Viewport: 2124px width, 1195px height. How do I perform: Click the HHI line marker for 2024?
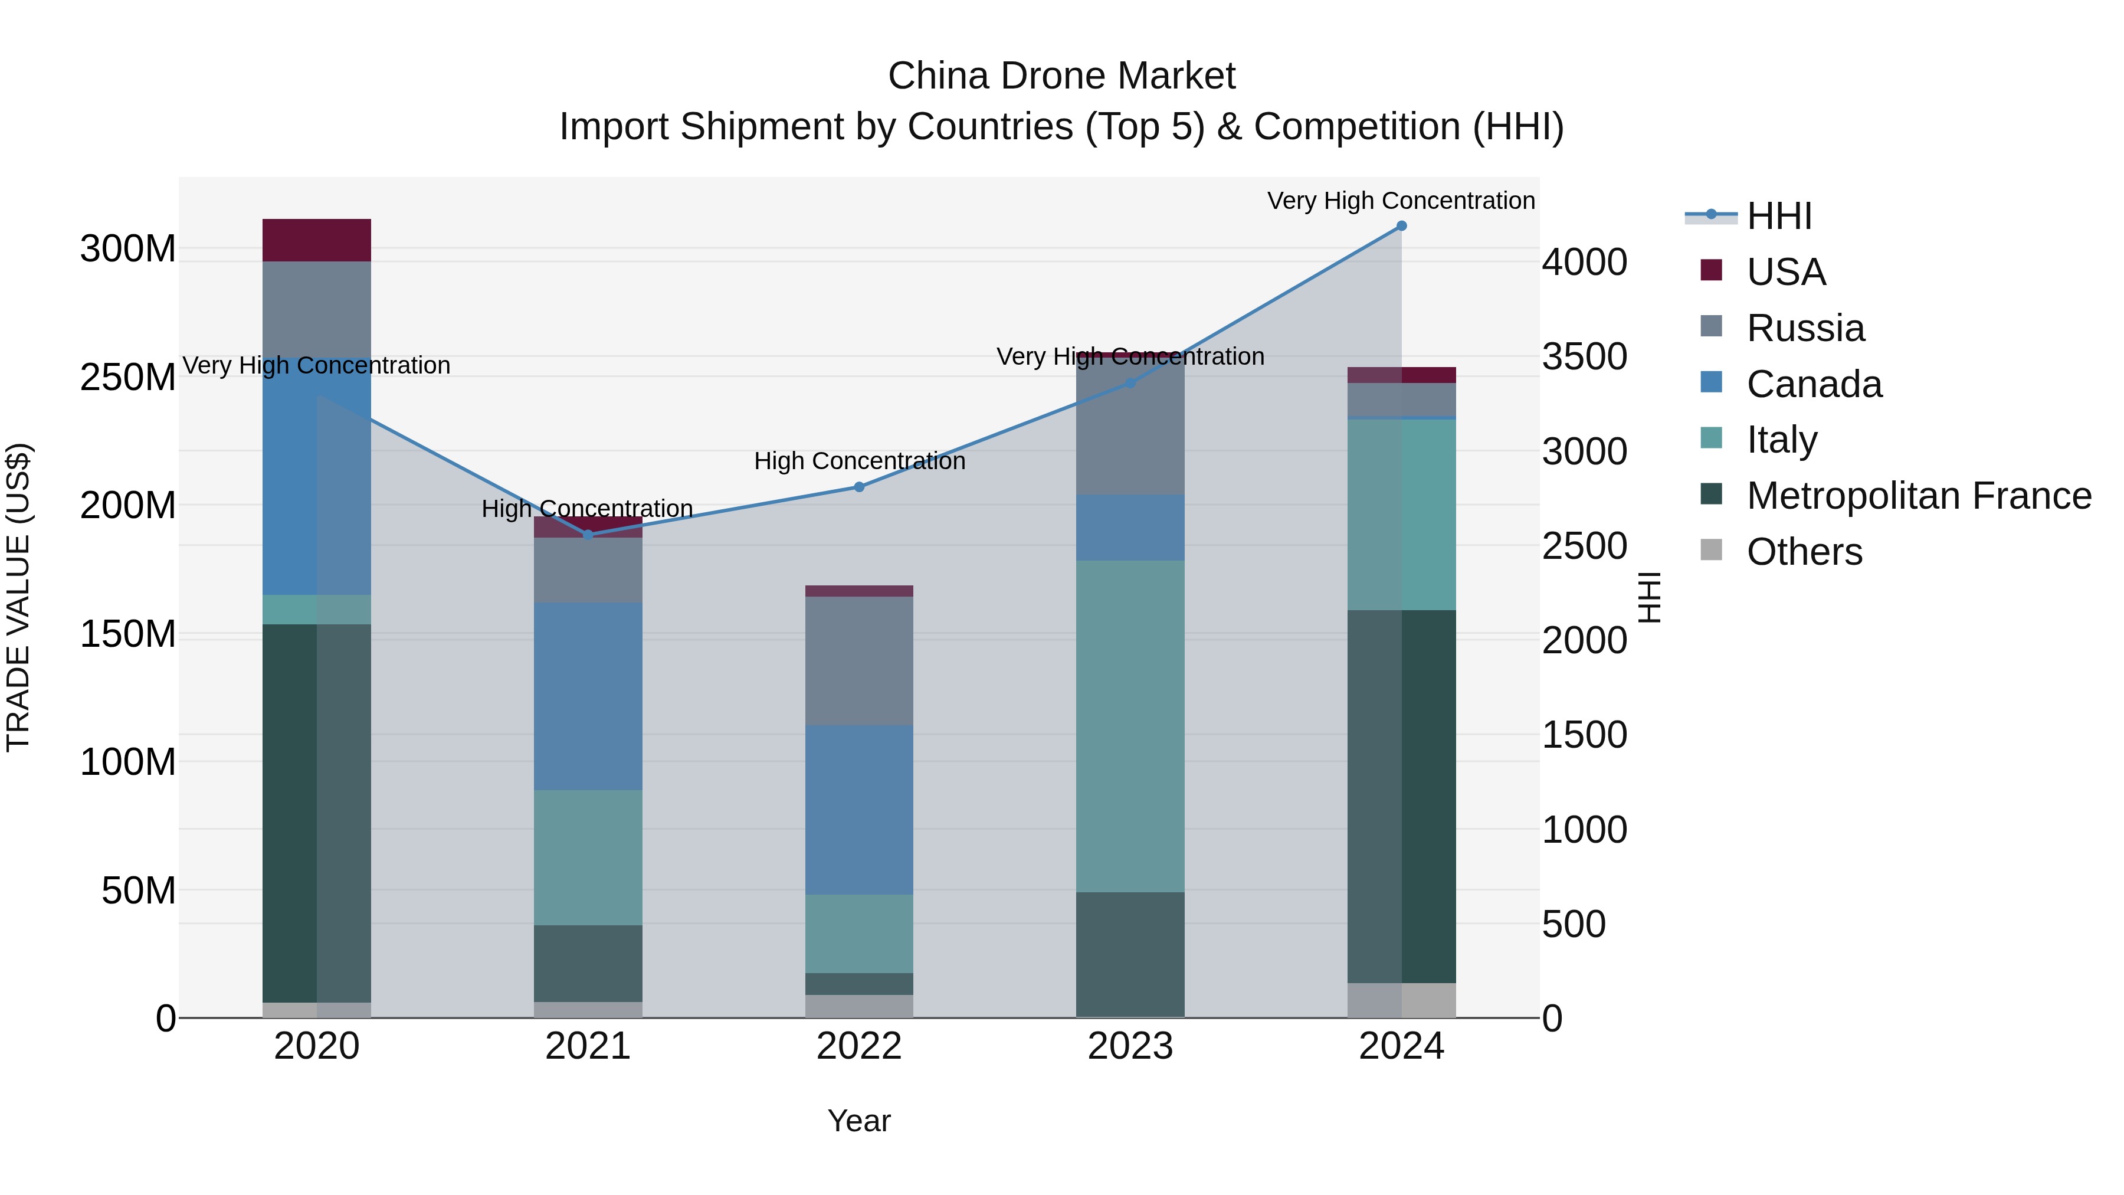pyautogui.click(x=1401, y=226)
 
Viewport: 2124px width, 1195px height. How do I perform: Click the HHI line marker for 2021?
pyautogui.click(x=588, y=535)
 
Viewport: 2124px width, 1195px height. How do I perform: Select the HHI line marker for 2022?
pyautogui.click(x=859, y=487)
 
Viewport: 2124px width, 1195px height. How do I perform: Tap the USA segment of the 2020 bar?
pyautogui.click(x=317, y=240)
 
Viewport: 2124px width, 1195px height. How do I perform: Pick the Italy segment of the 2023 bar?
pyautogui.click(x=1130, y=726)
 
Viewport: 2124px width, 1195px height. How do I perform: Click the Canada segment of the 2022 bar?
pyautogui.click(x=859, y=810)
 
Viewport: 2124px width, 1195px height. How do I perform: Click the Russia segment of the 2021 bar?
pyautogui.click(x=588, y=570)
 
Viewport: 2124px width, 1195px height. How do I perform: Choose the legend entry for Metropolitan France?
pyautogui.click(x=1919, y=496)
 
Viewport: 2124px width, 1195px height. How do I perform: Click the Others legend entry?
pyautogui.click(x=1804, y=552)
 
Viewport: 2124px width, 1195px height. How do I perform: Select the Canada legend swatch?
pyautogui.click(x=1711, y=382)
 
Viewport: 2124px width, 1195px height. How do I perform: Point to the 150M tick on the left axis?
pyautogui.click(x=128, y=634)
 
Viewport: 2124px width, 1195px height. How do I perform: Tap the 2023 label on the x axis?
pyautogui.click(x=1130, y=1046)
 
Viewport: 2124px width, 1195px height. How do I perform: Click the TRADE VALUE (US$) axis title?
pyautogui.click(x=19, y=597)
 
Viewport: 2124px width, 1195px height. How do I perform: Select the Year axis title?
pyautogui.click(x=858, y=1121)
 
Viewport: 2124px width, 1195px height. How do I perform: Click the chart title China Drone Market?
pyautogui.click(x=1061, y=76)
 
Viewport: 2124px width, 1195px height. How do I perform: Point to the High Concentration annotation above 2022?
pyautogui.click(x=859, y=461)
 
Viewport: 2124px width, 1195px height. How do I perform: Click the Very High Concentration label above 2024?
pyautogui.click(x=1400, y=201)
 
